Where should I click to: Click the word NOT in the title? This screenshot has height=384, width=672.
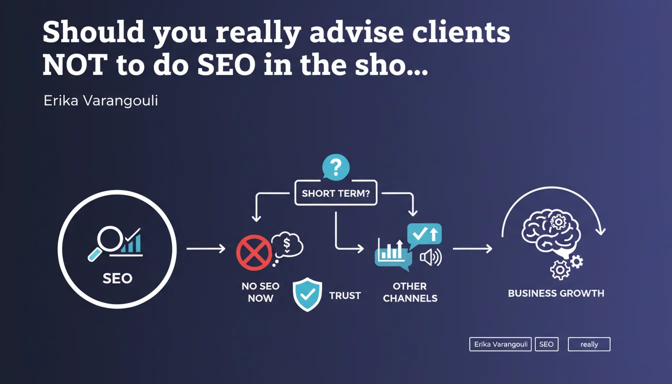pos(75,65)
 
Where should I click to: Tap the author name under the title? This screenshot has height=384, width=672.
pos(101,101)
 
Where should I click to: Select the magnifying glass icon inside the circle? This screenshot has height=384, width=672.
pos(106,242)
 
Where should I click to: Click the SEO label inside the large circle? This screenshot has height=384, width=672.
pos(117,278)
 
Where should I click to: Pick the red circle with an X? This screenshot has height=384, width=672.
pos(254,252)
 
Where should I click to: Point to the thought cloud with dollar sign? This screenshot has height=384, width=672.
pos(286,246)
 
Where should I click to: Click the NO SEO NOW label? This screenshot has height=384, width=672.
pos(260,292)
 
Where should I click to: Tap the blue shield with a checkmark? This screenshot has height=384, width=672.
pos(307,294)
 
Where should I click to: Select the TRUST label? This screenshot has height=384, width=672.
pos(345,296)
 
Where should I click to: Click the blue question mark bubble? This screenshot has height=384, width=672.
pos(335,167)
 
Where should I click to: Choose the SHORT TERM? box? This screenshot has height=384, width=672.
pos(335,193)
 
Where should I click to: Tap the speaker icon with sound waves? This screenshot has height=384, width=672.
pos(431,257)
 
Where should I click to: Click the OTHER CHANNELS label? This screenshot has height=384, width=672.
pos(410,292)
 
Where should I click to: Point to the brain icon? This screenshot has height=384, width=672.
pos(551,233)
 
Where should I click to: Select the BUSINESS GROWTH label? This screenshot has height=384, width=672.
pos(556,293)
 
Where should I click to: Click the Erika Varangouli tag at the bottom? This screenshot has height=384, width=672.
pos(500,344)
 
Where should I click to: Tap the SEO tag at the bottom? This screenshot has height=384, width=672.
pos(546,344)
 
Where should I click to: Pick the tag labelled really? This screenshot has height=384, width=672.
pos(589,344)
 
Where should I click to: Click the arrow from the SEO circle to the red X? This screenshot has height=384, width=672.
pos(206,248)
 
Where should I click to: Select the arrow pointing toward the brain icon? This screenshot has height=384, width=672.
pos(472,248)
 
